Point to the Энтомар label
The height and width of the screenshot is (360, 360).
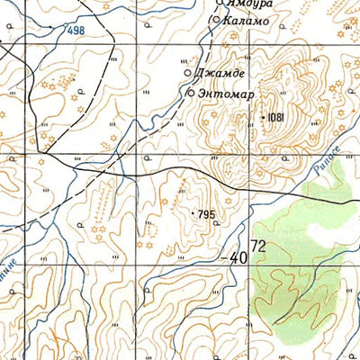click(222, 93)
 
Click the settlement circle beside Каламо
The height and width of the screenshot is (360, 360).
click(215, 19)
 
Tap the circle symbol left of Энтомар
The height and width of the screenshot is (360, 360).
click(191, 93)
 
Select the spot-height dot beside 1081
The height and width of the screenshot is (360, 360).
click(264, 117)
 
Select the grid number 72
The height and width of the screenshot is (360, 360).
click(259, 246)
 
